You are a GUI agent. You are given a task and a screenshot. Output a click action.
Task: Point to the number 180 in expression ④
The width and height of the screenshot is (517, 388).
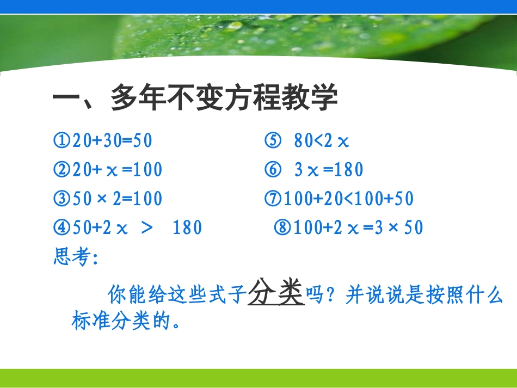pyautogui.click(x=187, y=227)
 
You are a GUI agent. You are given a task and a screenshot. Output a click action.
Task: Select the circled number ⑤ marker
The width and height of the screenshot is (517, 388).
pyautogui.click(x=272, y=141)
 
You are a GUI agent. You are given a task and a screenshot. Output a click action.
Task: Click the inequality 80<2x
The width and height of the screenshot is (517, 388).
pyautogui.click(x=321, y=141)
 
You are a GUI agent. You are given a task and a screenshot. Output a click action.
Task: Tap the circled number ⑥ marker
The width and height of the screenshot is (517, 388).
pyautogui.click(x=272, y=170)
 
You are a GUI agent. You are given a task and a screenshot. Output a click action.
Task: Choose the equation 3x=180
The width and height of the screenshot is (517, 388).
pyautogui.click(x=328, y=170)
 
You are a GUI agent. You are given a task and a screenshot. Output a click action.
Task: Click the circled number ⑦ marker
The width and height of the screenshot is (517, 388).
pyautogui.click(x=274, y=199)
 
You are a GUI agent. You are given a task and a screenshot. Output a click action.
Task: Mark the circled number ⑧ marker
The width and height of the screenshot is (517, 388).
pyautogui.click(x=284, y=227)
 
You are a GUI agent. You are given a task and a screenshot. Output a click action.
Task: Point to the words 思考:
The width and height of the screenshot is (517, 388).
pyautogui.click(x=76, y=256)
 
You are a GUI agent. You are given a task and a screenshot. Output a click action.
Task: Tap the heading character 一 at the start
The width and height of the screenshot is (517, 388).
pyautogui.click(x=66, y=98)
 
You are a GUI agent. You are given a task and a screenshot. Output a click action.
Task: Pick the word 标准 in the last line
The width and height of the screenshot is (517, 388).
pyautogui.click(x=90, y=321)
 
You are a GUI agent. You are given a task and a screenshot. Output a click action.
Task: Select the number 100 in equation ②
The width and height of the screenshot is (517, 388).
pyautogui.click(x=147, y=170)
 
